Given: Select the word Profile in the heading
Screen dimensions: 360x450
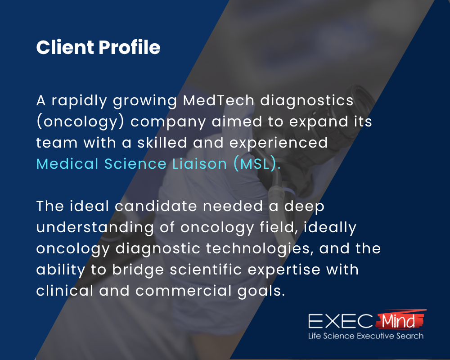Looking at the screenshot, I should (x=133, y=47).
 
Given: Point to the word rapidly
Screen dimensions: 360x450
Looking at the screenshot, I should (x=81, y=101).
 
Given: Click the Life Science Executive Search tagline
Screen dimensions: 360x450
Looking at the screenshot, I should (x=365, y=336).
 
